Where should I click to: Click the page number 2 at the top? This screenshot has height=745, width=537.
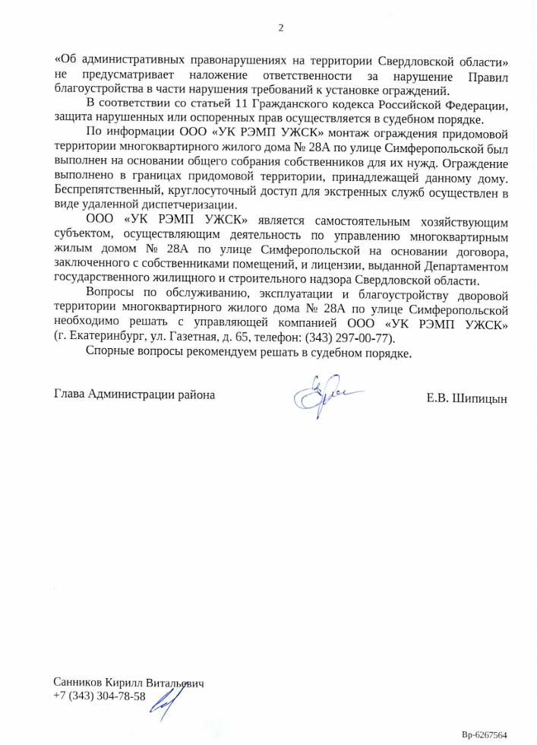280,28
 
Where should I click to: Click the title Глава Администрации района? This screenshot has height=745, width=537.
134,395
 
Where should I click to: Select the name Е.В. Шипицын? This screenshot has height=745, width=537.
467,398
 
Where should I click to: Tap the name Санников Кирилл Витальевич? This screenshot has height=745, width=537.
129,683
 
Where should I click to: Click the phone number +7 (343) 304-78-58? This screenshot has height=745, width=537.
100,696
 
